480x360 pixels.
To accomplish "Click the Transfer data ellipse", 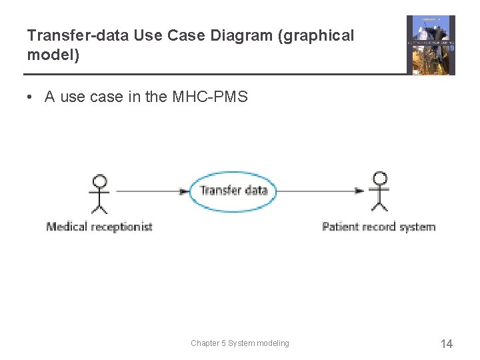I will pyautogui.click(x=233, y=191).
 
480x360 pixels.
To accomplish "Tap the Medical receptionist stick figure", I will pyautogui.click(x=99, y=194).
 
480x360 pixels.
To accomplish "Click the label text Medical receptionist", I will pyautogui.click(x=99, y=227).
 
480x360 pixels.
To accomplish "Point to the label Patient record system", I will pyautogui.click(x=379, y=227).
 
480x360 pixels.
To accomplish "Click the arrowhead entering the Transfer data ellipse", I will pyautogui.click(x=185, y=191).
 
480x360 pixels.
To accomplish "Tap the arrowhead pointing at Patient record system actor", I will pyautogui.click(x=359, y=191).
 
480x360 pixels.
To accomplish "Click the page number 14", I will pyautogui.click(x=446, y=344).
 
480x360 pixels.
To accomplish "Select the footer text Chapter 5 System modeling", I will pyautogui.click(x=240, y=343).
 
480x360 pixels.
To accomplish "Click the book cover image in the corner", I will pyautogui.click(x=431, y=45).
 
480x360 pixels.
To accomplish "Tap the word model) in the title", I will pyautogui.click(x=53, y=55).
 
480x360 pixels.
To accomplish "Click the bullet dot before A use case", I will pyautogui.click(x=31, y=97).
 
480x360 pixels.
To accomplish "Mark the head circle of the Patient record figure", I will pyautogui.click(x=380, y=179).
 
